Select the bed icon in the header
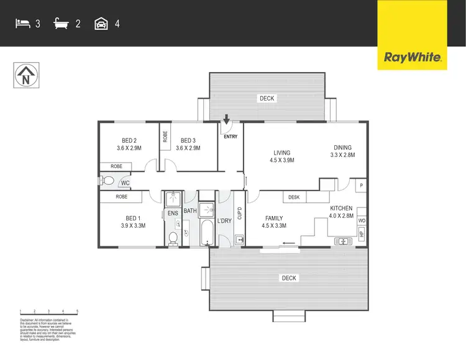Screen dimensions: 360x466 (x=22, y=24)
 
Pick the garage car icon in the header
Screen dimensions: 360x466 (x=100, y=24)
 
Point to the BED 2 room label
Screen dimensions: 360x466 (x=129, y=144)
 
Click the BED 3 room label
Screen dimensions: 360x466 (x=188, y=144)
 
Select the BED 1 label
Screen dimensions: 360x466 (x=133, y=222)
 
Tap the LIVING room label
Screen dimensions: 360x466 (x=282, y=156)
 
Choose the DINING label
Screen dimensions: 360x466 (x=342, y=151)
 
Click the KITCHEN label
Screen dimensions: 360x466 (x=341, y=212)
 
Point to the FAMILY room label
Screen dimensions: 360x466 (x=274, y=222)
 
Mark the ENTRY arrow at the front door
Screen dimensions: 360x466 (x=226, y=119)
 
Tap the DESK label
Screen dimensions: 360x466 (x=294, y=197)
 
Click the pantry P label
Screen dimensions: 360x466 (x=360, y=184)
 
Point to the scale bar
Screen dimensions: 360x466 (x=48, y=310)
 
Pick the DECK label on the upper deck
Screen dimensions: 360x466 (x=267, y=98)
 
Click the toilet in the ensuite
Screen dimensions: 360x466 (x=173, y=236)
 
